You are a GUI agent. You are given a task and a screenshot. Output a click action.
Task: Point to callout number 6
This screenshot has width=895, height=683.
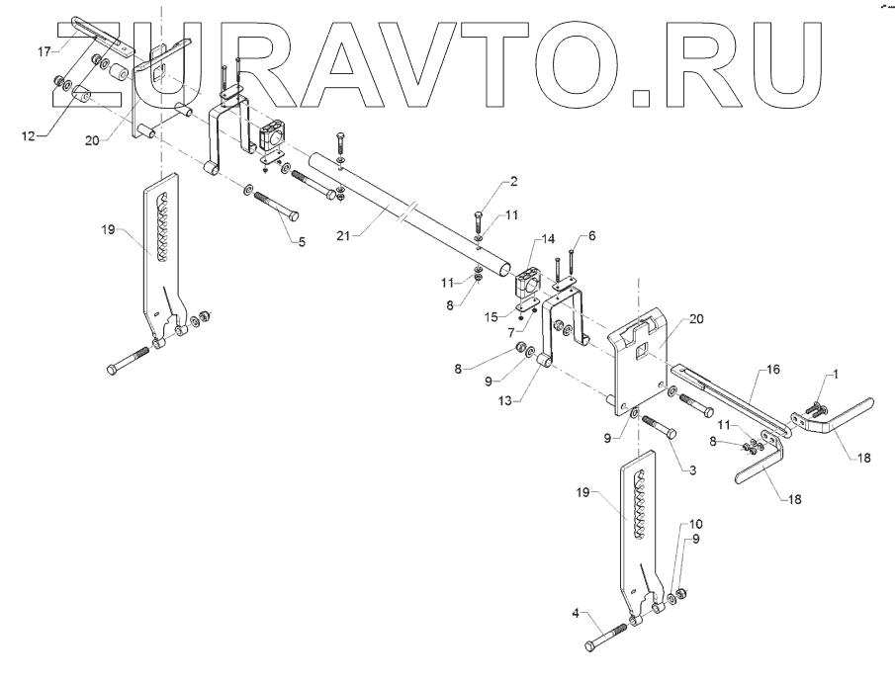tap(592, 237)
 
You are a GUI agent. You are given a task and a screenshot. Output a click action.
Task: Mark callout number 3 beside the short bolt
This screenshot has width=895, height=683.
tap(692, 470)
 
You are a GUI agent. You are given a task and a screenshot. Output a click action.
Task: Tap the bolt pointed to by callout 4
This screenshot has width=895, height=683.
tap(608, 636)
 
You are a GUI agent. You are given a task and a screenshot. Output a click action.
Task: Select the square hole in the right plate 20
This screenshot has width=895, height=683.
tap(641, 348)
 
